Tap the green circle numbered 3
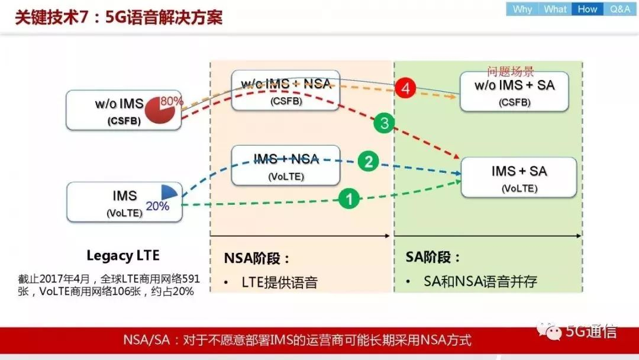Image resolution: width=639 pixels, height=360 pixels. click(x=384, y=124)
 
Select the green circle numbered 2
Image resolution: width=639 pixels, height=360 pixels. click(x=368, y=162)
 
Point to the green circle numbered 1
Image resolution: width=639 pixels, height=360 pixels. click(x=349, y=199)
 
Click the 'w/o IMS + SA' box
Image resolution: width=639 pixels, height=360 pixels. click(x=514, y=91)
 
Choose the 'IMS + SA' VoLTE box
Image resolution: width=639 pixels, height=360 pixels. click(x=518, y=177)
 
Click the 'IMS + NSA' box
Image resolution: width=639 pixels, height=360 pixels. click(x=285, y=165)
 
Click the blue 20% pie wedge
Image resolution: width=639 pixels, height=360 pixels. click(x=169, y=192)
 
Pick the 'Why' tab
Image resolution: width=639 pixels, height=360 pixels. click(x=522, y=9)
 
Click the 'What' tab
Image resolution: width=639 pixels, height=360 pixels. click(x=555, y=9)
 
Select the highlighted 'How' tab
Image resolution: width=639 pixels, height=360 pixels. click(x=587, y=9)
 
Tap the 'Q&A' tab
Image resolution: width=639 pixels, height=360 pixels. click(x=619, y=9)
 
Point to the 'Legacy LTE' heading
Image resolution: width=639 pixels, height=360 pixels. click(x=123, y=256)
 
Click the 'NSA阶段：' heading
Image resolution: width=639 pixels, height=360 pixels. click(x=257, y=259)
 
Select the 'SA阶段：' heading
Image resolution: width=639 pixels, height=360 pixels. click(x=433, y=258)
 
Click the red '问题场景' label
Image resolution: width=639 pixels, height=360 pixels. click(x=511, y=72)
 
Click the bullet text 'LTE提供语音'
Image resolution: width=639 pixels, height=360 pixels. click(x=279, y=282)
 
